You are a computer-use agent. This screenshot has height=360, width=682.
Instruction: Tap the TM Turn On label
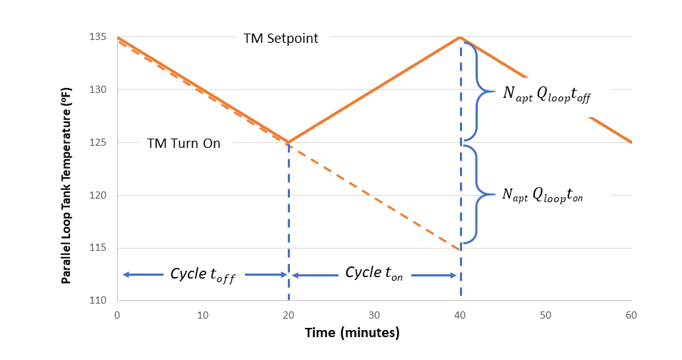click(184, 143)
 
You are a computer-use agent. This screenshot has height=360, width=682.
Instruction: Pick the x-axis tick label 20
click(289, 315)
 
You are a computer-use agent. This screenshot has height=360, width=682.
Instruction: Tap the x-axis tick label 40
click(460, 315)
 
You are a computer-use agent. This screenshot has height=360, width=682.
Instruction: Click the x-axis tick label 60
click(631, 315)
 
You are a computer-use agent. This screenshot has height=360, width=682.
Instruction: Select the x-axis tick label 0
click(117, 315)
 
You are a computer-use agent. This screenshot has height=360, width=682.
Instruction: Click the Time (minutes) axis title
click(352, 333)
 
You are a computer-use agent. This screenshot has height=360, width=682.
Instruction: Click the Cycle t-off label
click(203, 275)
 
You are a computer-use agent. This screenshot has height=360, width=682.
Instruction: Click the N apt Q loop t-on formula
click(543, 195)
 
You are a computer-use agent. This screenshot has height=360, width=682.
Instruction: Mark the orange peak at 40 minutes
click(460, 37)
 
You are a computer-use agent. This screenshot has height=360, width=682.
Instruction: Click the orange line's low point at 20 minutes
click(289, 142)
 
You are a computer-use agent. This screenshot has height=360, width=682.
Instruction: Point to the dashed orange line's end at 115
click(460, 249)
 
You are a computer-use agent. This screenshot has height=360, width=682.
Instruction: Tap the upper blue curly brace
click(478, 91)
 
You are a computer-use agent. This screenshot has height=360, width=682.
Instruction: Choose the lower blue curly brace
click(478, 194)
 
